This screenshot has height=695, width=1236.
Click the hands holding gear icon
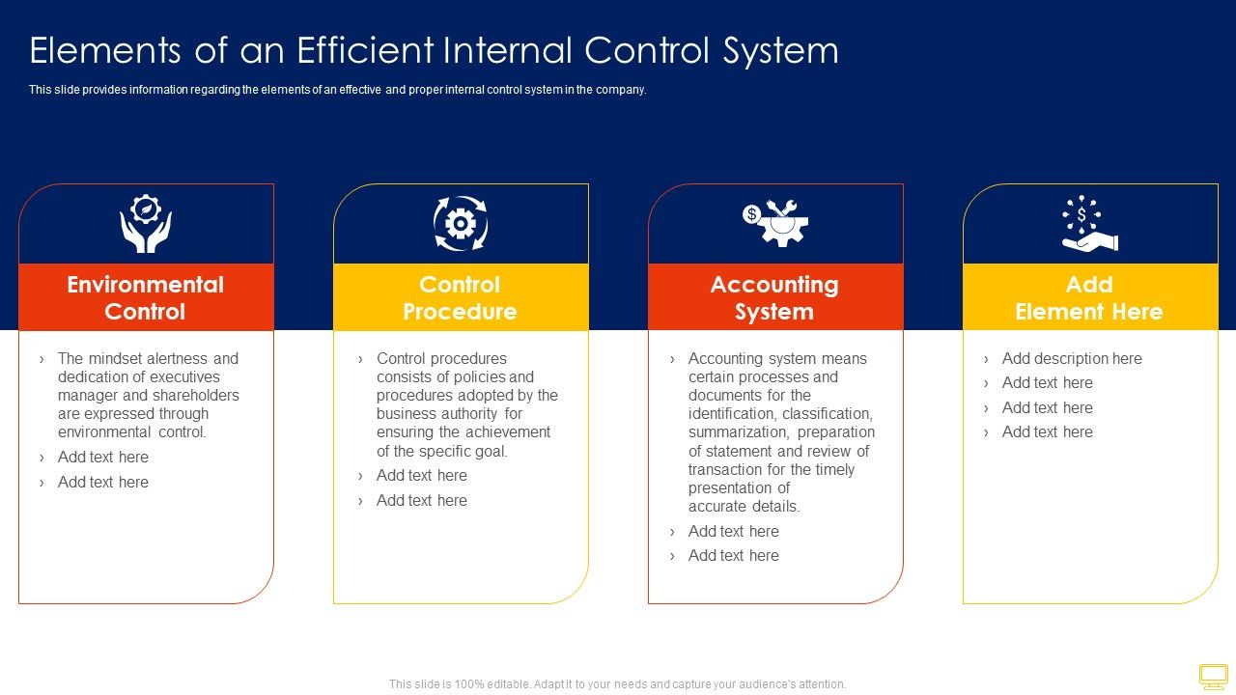(146, 224)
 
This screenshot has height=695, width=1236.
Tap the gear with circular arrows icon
(461, 224)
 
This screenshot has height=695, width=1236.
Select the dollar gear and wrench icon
(775, 223)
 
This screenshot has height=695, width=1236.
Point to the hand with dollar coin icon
(1089, 224)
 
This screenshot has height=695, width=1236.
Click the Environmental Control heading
(146, 297)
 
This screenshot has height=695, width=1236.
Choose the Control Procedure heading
(460, 297)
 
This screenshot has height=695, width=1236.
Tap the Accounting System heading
(774, 297)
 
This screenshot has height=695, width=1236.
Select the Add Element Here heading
(1089, 297)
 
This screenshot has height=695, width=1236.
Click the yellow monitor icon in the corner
(1213, 676)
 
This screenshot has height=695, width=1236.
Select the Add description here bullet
(1071, 358)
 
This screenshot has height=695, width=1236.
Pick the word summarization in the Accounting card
(738, 432)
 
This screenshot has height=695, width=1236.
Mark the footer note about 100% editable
(617, 683)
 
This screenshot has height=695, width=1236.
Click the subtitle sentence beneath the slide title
(337, 90)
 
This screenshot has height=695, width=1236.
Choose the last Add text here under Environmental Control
(102, 482)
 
